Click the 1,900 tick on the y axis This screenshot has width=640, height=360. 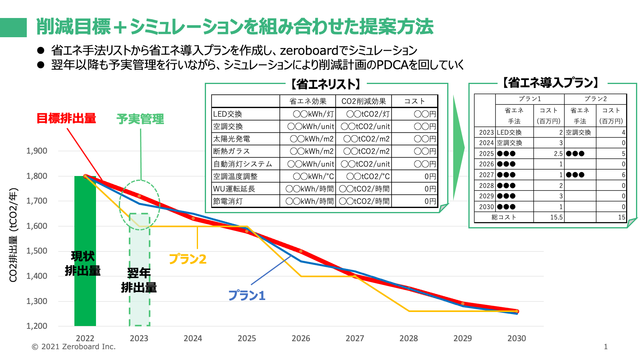coord(37,151)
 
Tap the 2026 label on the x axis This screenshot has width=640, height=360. coord(301,338)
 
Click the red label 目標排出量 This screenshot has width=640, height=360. coord(66,118)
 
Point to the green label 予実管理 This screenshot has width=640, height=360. coord(140,119)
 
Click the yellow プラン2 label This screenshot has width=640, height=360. coord(188,259)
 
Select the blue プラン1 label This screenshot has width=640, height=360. coord(247,296)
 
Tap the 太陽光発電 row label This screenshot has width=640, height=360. coord(232,139)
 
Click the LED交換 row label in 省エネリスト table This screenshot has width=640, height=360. coord(228,114)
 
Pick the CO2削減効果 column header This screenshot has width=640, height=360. coord(364,101)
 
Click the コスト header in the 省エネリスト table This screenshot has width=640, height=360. coord(414,101)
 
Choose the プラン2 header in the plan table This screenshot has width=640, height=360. coord(595,99)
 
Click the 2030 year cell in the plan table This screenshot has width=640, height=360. coord(486,207)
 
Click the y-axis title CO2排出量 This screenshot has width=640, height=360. coord(13,235)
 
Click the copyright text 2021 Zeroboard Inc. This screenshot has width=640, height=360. coord(74,347)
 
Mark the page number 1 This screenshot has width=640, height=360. coord(606,347)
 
